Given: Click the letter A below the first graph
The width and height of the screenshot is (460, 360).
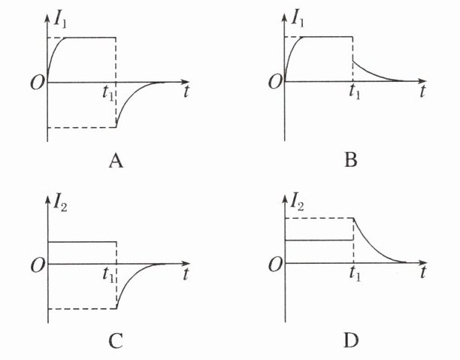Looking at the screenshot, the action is point(115,160).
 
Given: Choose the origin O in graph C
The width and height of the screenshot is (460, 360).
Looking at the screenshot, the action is point(35,265).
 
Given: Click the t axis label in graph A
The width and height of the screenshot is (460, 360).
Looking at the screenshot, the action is point(185,92).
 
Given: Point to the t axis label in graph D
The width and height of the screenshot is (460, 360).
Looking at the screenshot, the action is point(423,274).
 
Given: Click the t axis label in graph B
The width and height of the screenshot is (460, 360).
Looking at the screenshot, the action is point(423,92).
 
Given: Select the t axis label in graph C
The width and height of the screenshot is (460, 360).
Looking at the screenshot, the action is point(185,274).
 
